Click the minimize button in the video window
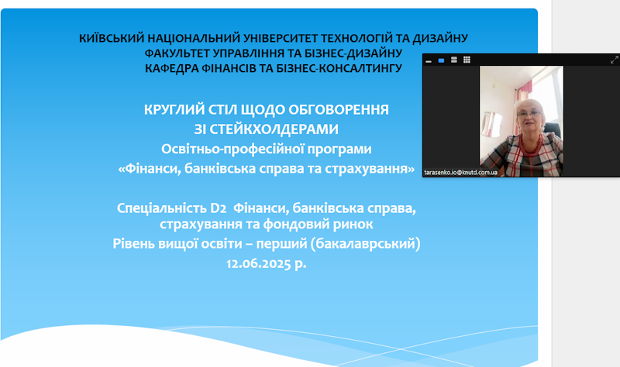click(429, 61)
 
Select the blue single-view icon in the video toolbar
click(441, 60)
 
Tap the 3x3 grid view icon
click(467, 60)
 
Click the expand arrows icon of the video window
click(614, 60)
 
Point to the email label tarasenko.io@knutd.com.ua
click(460, 173)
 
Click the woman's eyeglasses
click(529, 114)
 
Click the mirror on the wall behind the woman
click(491, 124)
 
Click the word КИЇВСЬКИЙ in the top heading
click(112, 38)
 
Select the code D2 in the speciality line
click(218, 208)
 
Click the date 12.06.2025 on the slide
click(259, 263)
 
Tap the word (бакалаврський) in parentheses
click(365, 244)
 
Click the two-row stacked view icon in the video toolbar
click(454, 60)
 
